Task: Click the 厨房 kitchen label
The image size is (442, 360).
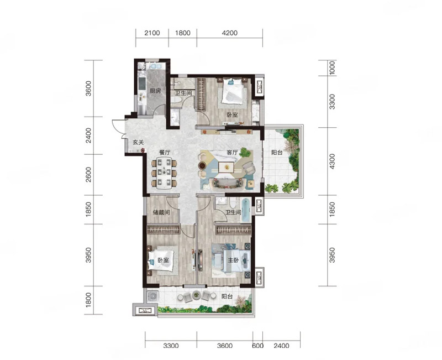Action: (155, 91)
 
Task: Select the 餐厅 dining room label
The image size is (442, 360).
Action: (165, 153)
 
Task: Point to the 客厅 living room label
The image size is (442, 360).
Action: (232, 153)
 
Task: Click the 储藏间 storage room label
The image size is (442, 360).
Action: (161, 212)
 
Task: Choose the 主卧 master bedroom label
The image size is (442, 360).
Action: (233, 260)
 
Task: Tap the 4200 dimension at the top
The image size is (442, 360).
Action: (230, 33)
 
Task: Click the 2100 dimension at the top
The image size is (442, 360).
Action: (152, 33)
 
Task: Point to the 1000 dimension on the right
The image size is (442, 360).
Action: (333, 67)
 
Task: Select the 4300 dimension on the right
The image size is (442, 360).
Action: (333, 161)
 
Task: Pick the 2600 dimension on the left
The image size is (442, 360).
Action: (88, 175)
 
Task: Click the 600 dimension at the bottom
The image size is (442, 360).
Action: (257, 346)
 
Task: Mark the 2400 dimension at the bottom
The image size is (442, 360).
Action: (281, 346)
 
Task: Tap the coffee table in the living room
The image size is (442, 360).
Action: (227, 168)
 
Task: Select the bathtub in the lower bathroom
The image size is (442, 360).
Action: (246, 210)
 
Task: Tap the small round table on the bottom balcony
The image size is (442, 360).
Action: (196, 295)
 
